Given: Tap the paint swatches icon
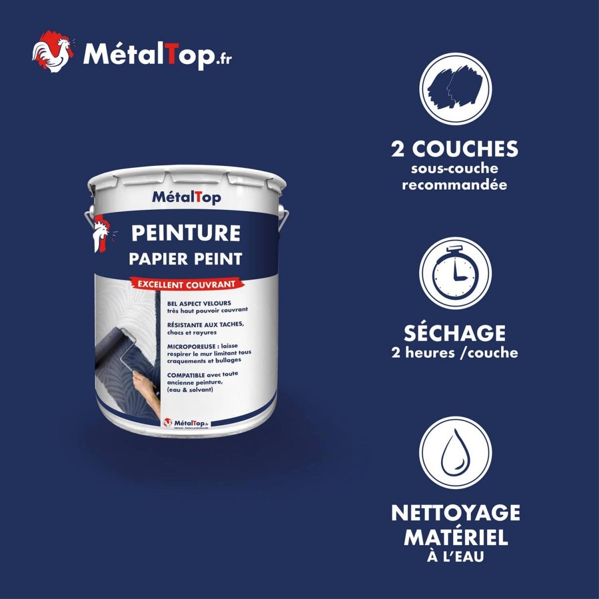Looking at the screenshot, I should (455, 89).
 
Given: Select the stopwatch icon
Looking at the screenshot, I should (455, 273).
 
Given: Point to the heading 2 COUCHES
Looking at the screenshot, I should (455, 149).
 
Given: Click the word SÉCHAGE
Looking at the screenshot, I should (455, 333).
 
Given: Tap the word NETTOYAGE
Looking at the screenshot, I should (455, 513).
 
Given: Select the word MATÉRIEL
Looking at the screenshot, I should (455, 538).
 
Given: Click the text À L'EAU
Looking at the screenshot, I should (455, 557).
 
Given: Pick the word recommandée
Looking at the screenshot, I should (455, 185).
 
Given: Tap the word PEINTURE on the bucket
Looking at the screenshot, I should (185, 233).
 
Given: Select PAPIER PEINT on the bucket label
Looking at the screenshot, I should (185, 259).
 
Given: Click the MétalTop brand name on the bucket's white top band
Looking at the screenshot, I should (186, 198).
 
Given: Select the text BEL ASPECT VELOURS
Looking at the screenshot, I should (199, 303).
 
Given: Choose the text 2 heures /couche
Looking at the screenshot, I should (455, 353).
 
